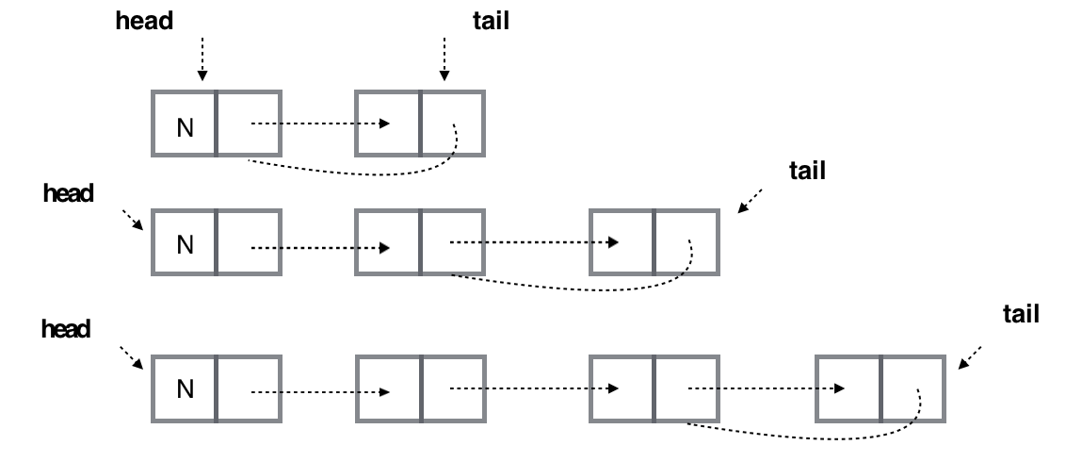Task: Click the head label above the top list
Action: pyautogui.click(x=144, y=22)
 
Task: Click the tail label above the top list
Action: pyautogui.click(x=490, y=22)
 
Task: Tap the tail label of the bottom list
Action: pyautogui.click(x=1021, y=315)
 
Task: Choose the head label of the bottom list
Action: pyautogui.click(x=66, y=329)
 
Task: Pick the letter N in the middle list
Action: pyautogui.click(x=185, y=245)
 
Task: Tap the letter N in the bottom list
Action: pyautogui.click(x=185, y=389)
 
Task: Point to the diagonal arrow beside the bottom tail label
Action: pyautogui.click(x=970, y=356)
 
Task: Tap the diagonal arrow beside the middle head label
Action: pyautogui.click(x=131, y=219)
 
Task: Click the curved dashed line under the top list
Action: pyautogui.click(x=358, y=171)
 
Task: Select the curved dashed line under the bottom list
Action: pyautogui.click(x=800, y=437)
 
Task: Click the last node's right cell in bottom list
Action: pyautogui.click(x=913, y=389)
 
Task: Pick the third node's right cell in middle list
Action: pyautogui.click(x=686, y=243)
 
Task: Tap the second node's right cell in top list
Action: pyautogui.click(x=453, y=124)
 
